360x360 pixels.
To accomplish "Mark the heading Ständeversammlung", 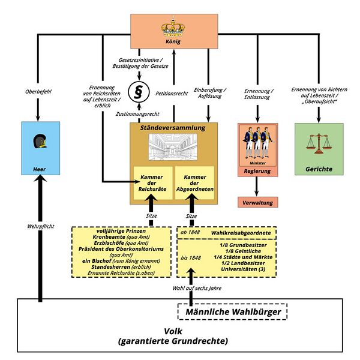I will click(x=173, y=128).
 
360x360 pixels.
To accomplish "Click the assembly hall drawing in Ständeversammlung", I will click(x=173, y=148).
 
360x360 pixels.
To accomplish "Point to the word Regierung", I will click(x=257, y=171).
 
